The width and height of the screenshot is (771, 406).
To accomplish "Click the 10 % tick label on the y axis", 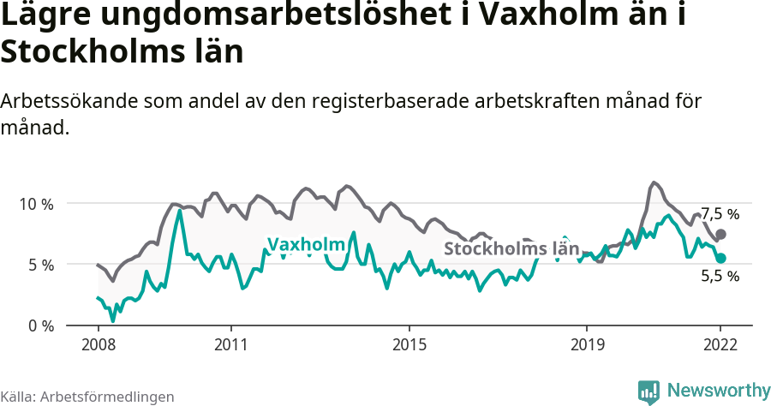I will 37,204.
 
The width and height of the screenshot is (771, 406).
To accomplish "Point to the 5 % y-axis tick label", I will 40,265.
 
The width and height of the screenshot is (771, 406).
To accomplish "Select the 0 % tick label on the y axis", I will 40,325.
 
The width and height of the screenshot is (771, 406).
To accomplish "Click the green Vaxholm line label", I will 306,245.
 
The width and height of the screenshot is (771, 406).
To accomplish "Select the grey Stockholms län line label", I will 511,249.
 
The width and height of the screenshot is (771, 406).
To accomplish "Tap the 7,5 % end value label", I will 720,214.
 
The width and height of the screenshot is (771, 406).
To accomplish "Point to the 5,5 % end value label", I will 720,276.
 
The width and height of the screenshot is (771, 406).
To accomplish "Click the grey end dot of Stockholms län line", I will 720,234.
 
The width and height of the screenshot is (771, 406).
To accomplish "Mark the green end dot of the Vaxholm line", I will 720,258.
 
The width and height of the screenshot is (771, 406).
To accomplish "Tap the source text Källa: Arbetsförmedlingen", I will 87,397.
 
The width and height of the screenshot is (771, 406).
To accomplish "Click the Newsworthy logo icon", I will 649,391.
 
